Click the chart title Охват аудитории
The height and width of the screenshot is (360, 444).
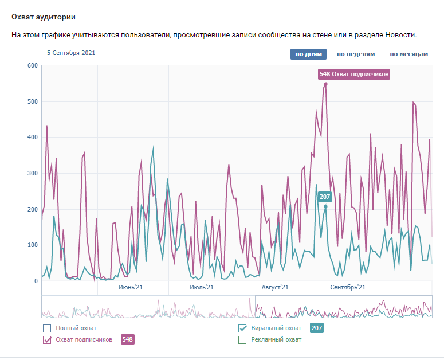coord(43,17)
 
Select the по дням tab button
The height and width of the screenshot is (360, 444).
coord(308,54)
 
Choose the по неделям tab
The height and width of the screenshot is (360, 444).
coord(355,54)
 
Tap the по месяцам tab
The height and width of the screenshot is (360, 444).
coord(408,54)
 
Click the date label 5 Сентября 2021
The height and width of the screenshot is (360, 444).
coord(71,53)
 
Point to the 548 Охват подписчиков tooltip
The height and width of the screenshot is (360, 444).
coord(353,74)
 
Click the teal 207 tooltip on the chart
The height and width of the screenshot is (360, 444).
coord(325,197)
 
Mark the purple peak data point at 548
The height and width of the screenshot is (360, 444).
coord(325,84)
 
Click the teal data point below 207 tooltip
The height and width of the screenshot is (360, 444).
coord(325,207)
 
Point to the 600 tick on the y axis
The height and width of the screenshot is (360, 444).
coord(32,66)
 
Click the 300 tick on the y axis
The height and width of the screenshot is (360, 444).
coord(32,173)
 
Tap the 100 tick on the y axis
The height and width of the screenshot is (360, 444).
coord(32,245)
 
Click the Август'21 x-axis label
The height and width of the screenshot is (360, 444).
coord(274,287)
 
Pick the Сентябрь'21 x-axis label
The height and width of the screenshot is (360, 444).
coord(347,287)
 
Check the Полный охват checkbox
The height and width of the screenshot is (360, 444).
coord(47,328)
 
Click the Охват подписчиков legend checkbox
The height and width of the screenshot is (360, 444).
coord(47,340)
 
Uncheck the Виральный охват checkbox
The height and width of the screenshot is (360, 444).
coord(242,328)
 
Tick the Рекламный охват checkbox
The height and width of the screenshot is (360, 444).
coord(242,340)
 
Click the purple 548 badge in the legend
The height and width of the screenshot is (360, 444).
coord(127,340)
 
